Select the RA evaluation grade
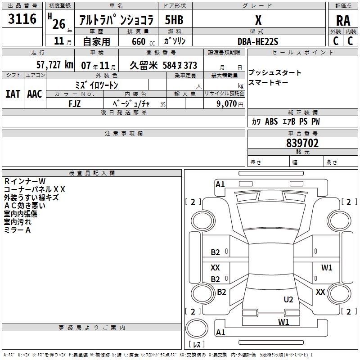pos(343,20)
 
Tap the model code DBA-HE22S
pos(258,41)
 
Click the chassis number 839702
pos(302,143)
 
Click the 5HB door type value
pos(174,20)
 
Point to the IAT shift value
pos(13,94)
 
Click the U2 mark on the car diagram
pos(288,299)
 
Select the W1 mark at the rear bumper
pos(283,322)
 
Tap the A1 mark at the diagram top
pos(220,184)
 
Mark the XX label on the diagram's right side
pos(320,292)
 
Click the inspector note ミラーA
pos(17,230)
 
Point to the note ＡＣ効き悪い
pos(24,206)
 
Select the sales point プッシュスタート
pos(274,73)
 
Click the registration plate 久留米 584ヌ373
pos(163,65)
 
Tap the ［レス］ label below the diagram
pos(198,344)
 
